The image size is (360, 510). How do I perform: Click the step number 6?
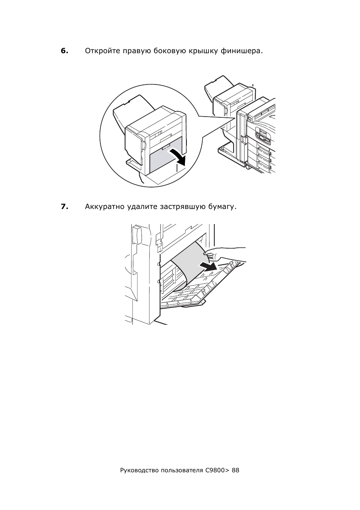[x=65, y=51]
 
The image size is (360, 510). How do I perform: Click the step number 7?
[x=65, y=206]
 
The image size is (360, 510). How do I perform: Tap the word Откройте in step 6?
[x=102, y=51]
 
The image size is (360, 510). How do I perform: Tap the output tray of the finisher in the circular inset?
[x=132, y=112]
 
